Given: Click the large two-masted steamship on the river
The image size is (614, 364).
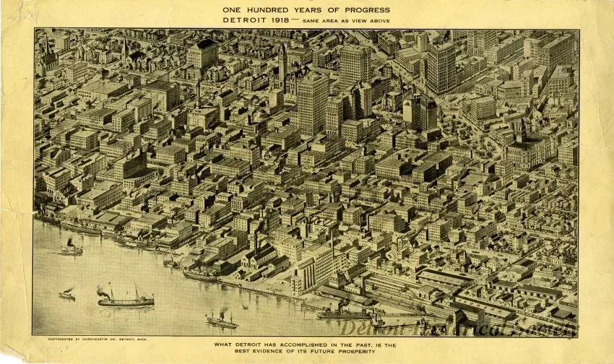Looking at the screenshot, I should (125, 299).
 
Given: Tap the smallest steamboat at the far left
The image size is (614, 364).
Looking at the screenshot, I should (66, 294).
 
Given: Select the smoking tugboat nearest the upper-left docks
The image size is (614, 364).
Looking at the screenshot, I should (71, 249).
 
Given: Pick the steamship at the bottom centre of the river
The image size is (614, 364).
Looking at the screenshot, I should (221, 321).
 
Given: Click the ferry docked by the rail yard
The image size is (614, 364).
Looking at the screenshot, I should (343, 313).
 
